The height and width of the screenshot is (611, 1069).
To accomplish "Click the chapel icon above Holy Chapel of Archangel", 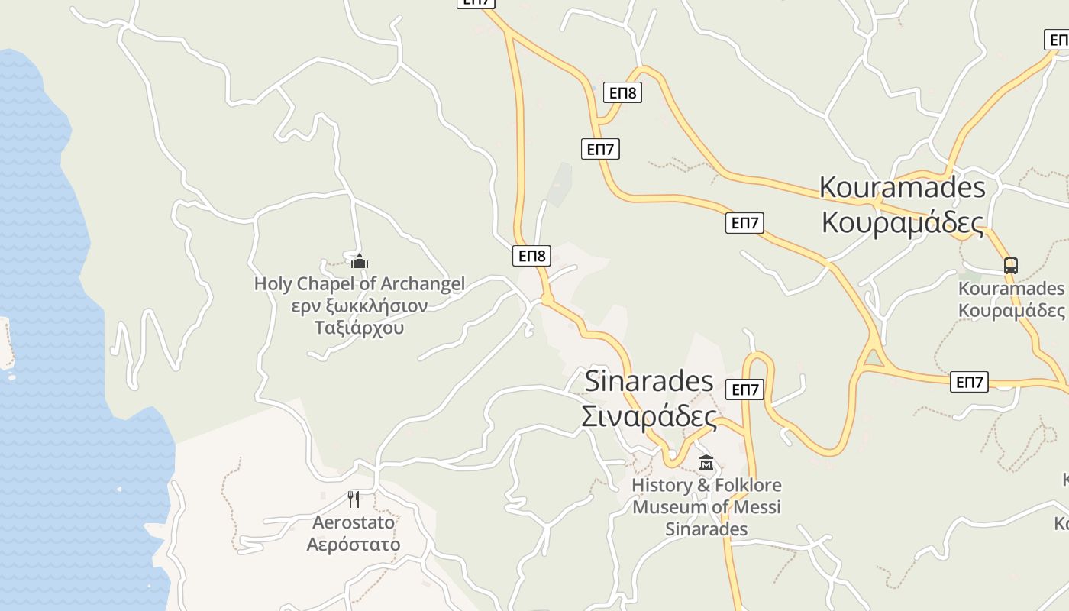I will pos(360,262).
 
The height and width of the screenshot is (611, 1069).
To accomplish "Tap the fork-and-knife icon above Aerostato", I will pos(354,499).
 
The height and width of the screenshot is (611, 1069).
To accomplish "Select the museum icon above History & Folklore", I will pos(706,462).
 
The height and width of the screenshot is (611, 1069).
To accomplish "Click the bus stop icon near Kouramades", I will pos(1010,266).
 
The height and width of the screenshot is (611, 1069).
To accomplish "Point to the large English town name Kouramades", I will pos(903,187).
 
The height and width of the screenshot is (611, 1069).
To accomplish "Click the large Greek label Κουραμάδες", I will pos(903,221).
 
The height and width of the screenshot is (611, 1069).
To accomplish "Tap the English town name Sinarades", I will pos(649,381).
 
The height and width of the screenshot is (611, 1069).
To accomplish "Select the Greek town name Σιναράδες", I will pos(649,417).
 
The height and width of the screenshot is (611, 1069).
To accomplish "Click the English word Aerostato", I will pos(354,522).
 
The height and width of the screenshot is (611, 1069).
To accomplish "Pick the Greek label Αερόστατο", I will pos(354,545).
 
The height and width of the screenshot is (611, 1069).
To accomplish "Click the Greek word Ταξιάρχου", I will pos(359,328).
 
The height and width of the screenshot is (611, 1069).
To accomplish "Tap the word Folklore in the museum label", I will pos(739,486).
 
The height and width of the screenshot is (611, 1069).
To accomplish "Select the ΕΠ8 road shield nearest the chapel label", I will pos(531,255).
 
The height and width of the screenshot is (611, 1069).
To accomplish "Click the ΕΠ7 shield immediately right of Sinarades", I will pos(744,390).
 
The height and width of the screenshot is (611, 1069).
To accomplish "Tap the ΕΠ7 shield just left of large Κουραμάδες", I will pos(744,222).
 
